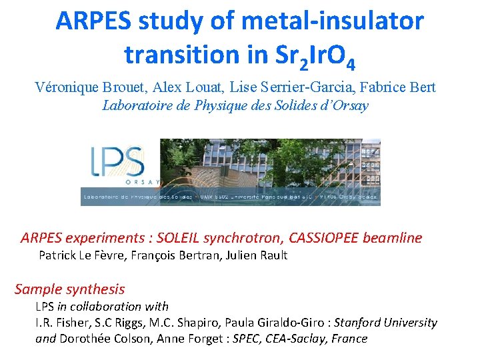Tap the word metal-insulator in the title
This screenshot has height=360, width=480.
point(333,21)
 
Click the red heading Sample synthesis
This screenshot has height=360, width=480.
point(70,289)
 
